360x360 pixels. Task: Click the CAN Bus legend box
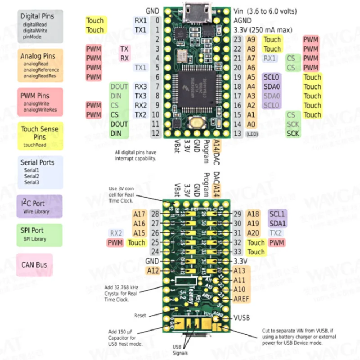pos(34,265)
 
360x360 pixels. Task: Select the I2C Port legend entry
pos(39,207)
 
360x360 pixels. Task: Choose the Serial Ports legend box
pos(39,172)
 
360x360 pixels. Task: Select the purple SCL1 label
pos(277,214)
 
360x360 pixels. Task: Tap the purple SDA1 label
pos(277,223)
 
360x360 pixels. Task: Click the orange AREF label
pos(242,299)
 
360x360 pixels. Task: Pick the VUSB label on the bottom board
pos(242,318)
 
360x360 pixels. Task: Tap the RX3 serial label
pos(140,86)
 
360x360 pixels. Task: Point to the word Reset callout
pos(140,315)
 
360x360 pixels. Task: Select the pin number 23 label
pos(238,40)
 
